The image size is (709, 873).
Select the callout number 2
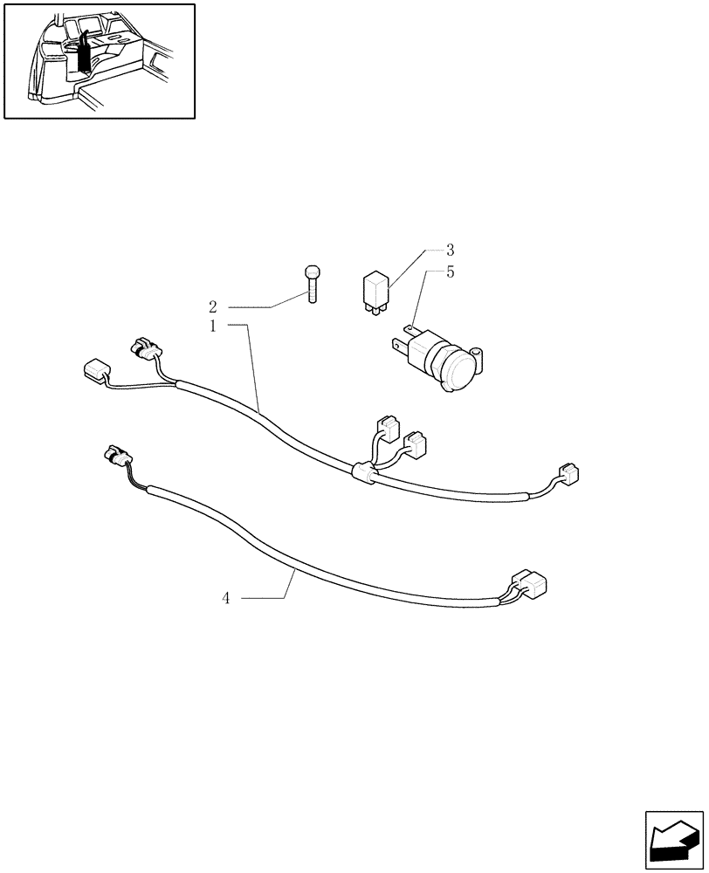212,307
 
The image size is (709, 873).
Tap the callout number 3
450,250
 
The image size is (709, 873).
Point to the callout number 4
225,598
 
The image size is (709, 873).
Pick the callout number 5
450,272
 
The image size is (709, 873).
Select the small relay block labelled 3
376,288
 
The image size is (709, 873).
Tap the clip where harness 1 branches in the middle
361,473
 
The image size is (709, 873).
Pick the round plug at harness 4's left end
116,454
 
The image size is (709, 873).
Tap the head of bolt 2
313,271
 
